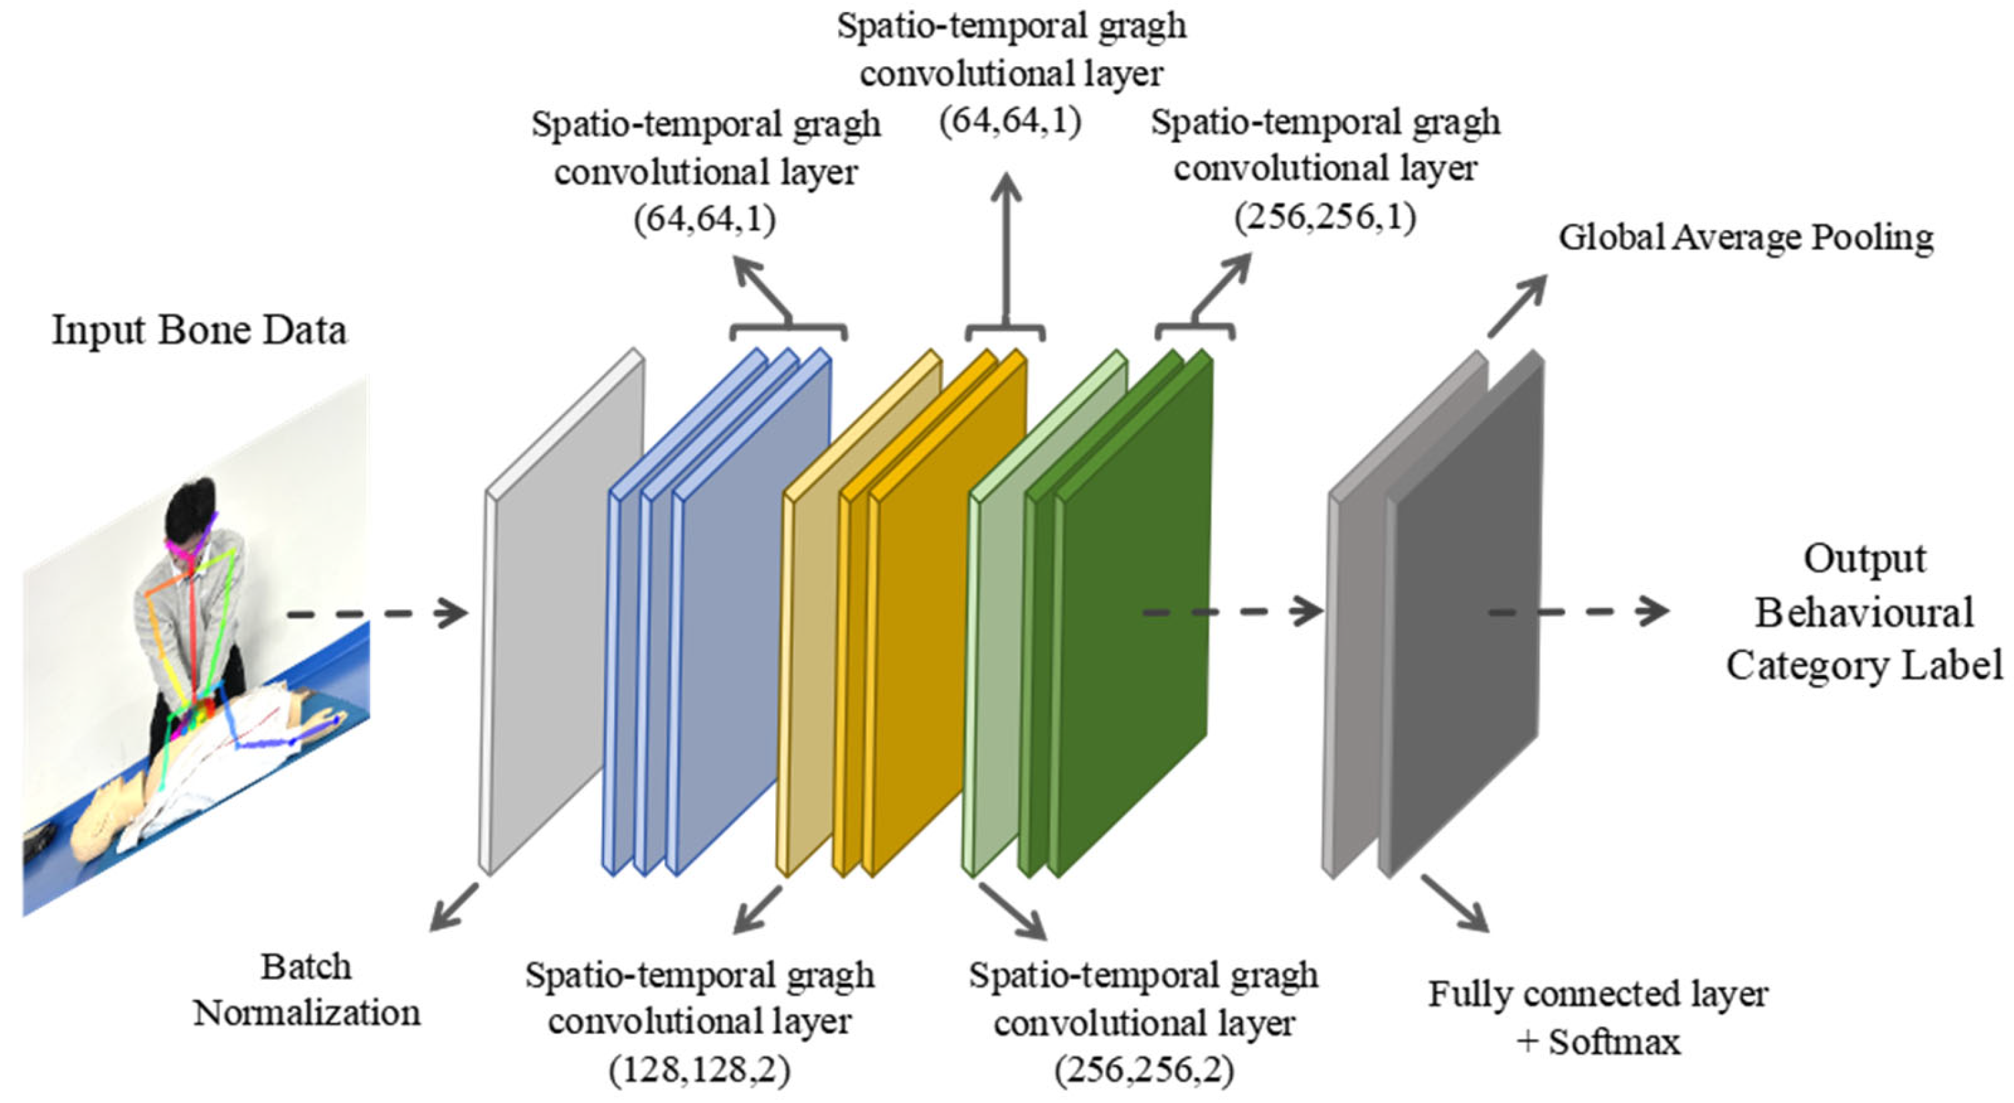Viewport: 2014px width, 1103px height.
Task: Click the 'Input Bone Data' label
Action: pos(199,330)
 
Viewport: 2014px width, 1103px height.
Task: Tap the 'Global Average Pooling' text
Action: pos(1745,237)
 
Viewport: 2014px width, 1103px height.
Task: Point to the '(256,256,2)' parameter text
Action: pos(1144,1070)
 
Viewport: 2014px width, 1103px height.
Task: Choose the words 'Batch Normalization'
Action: pos(306,990)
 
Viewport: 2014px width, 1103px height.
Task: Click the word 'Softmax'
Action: pos(1614,1042)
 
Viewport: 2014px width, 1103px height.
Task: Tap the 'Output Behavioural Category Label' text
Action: pos(1865,612)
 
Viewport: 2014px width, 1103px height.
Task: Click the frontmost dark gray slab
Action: pos(1462,617)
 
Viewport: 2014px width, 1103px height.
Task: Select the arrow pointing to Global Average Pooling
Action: pos(1517,306)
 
